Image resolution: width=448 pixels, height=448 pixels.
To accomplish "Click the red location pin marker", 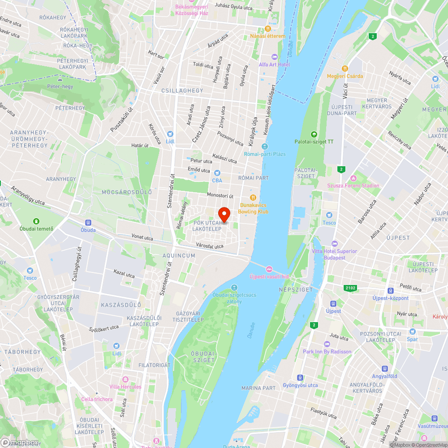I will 224,214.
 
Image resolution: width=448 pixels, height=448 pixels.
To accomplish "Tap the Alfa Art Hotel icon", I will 274,57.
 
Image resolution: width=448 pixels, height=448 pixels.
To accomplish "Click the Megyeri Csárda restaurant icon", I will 345,69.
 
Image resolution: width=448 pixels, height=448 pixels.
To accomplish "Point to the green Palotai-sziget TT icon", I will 314,134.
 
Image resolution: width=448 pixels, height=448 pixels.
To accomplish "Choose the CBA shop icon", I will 217,173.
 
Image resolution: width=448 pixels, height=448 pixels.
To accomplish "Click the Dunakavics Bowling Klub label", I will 253,208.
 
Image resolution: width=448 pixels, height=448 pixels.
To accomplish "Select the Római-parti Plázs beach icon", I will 265,146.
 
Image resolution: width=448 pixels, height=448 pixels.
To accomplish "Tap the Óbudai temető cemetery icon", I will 36,221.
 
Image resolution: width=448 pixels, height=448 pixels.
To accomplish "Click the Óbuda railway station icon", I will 88,223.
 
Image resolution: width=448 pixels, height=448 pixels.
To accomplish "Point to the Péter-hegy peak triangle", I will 60,79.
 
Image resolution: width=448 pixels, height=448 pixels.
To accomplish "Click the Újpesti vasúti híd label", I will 269,276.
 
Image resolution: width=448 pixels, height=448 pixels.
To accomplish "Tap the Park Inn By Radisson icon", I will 327,344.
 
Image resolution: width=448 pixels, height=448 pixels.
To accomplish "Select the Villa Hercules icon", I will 125,379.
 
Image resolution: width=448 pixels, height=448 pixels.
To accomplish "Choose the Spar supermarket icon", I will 412,332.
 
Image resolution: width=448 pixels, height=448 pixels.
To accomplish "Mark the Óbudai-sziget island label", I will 204,357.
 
